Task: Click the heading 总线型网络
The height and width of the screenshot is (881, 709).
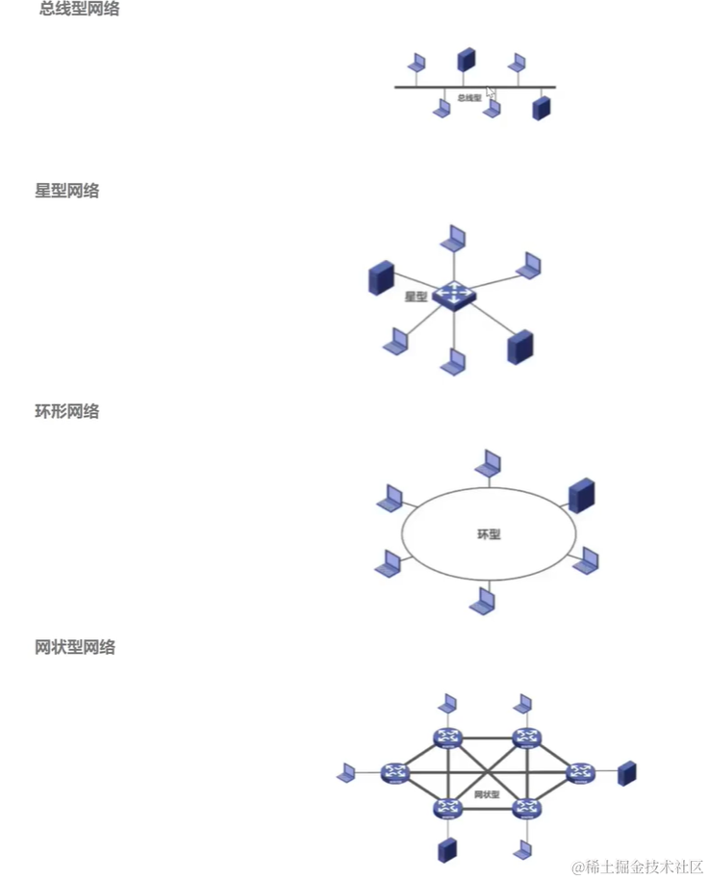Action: point(80,11)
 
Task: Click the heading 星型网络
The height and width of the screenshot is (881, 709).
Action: point(67,191)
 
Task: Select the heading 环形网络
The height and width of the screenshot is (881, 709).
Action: point(67,411)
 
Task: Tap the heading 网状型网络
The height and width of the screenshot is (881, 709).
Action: point(75,647)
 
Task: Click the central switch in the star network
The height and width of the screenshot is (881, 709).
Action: point(453,295)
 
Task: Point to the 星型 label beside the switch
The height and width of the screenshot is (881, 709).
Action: point(416,297)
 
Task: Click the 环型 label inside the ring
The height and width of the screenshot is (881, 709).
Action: point(489,533)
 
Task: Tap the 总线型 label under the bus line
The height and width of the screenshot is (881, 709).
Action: point(469,98)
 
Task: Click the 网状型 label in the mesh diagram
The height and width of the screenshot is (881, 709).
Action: point(488,794)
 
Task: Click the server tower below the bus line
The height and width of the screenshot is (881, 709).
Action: point(544,107)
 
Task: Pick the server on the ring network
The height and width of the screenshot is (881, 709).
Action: point(582,494)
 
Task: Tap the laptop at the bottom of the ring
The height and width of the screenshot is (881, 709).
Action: point(483,602)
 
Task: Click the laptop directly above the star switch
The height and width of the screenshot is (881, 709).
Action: point(453,238)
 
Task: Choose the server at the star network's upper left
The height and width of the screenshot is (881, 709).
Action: point(380,277)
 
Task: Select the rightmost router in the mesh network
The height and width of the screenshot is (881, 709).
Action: point(580,772)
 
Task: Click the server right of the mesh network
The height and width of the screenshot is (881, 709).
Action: point(627,772)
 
